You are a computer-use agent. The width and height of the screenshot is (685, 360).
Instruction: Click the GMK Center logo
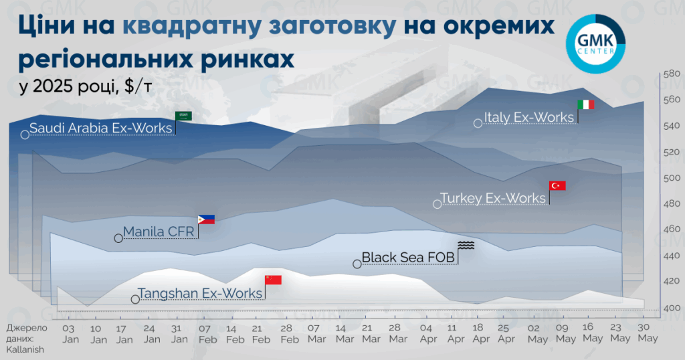[595, 43]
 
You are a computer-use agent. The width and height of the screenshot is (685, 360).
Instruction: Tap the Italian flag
[586, 104]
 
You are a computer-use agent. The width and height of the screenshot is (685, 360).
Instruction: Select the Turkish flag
[557, 185]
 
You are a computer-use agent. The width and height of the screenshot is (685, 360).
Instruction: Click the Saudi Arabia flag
[183, 116]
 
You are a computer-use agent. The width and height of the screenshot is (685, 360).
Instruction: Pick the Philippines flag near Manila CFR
[206, 219]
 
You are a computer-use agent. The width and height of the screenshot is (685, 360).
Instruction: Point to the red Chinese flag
[273, 280]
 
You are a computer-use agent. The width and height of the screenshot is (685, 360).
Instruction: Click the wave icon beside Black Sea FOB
[466, 245]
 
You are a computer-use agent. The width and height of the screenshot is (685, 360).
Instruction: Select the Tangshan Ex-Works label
[199, 293]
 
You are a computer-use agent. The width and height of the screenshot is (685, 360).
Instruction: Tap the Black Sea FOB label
[408, 258]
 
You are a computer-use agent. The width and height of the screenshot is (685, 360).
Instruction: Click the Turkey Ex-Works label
[493, 198]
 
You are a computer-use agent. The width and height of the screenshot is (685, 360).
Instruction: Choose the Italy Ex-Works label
[528, 117]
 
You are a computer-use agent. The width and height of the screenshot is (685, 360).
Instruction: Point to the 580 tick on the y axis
[672, 74]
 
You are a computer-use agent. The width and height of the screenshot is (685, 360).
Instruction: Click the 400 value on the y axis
[672, 308]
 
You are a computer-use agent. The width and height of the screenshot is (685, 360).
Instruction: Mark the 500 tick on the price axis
[672, 178]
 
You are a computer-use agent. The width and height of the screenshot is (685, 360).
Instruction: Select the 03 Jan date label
[70, 334]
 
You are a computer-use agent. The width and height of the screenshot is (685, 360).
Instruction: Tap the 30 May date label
[648, 333]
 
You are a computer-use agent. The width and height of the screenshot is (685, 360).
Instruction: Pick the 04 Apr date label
[428, 333]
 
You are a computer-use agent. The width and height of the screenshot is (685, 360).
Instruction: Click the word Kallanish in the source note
[25, 349]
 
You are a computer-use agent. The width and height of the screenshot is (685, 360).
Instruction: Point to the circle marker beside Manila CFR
[118, 238]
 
